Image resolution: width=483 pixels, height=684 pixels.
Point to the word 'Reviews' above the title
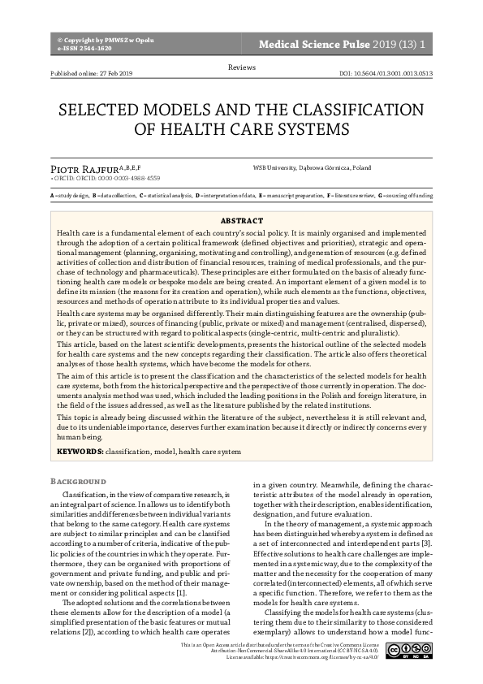tap(241, 65)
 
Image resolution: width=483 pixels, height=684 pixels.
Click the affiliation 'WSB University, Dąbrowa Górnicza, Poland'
tap(312, 167)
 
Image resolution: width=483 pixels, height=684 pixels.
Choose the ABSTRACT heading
tap(241, 221)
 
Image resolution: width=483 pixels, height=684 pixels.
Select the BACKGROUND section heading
tap(78, 481)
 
